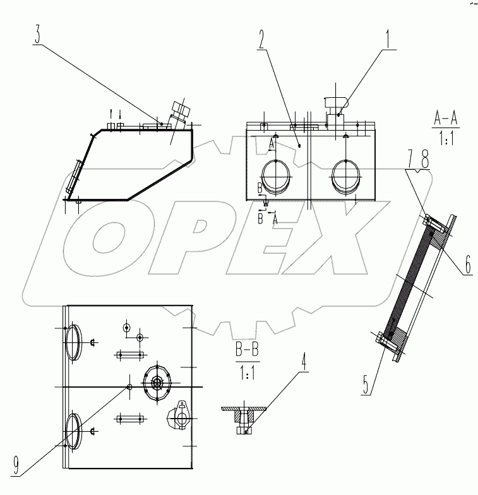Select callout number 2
(x=260, y=40)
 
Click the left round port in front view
(x=276, y=175)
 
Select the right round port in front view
(x=346, y=175)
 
